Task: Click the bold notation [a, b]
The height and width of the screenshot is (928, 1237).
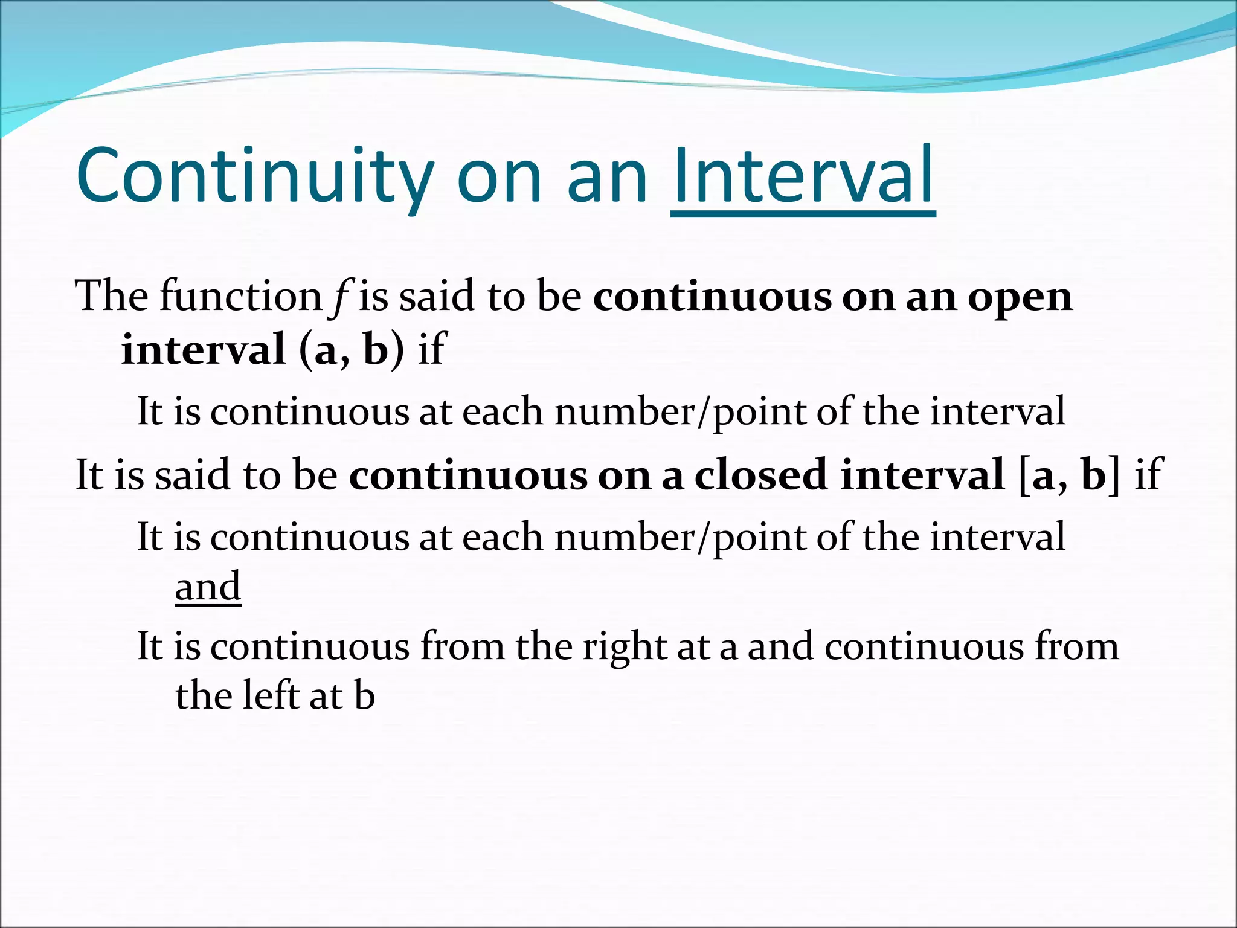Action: click(1069, 475)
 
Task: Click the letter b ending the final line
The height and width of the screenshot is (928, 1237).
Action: click(364, 695)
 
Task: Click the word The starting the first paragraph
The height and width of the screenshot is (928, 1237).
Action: click(111, 297)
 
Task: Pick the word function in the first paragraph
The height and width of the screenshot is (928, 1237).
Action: click(240, 297)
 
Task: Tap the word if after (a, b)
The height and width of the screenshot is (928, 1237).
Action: click(431, 350)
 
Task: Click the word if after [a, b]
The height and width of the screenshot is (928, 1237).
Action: click(1148, 475)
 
